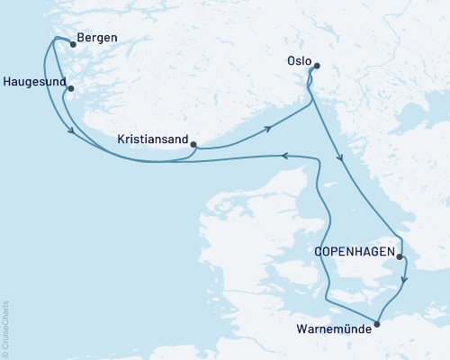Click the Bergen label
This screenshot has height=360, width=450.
click(98, 39)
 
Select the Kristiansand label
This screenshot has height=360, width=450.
click(153, 139)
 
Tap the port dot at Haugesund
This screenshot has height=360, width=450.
click(70, 88)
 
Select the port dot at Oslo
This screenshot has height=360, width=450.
click(315, 65)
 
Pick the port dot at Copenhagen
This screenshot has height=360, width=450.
click(399, 256)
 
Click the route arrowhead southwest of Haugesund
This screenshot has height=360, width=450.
click(71, 133)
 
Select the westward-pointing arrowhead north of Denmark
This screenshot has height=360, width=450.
click(284, 156)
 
